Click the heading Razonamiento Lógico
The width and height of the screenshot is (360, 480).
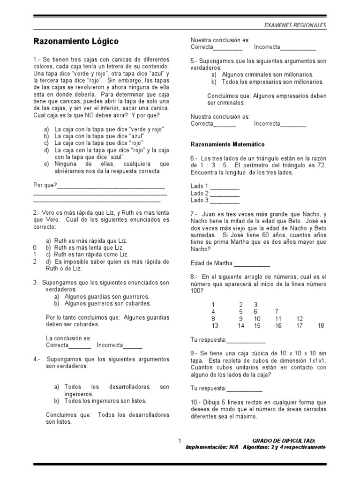(x=75, y=42)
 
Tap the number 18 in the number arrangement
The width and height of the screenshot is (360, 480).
(x=321, y=326)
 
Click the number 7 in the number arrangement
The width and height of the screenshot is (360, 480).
(x=277, y=311)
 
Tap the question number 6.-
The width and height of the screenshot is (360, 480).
(x=195, y=158)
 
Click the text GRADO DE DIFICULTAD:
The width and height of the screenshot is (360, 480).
(x=284, y=441)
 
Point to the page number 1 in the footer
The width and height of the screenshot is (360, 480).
(x=180, y=441)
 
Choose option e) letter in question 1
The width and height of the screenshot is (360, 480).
(x=46, y=164)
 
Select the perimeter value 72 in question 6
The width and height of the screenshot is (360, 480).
(x=321, y=165)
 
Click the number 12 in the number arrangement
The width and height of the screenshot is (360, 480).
(x=300, y=319)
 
